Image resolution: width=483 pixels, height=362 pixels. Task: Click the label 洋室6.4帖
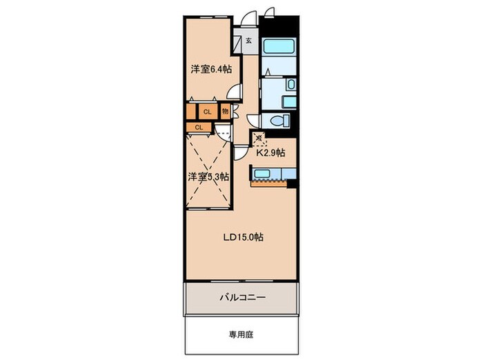tap(211, 69)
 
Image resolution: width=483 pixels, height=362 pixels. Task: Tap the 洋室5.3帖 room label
tap(209, 177)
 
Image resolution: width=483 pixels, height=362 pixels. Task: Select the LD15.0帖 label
tap(241, 237)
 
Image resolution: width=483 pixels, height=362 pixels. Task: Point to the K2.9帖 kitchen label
tap(270, 153)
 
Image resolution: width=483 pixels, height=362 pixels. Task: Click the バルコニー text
tap(243, 297)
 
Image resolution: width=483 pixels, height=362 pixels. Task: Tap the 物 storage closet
tap(226, 110)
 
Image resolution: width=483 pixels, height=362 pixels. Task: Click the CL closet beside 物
tap(207, 111)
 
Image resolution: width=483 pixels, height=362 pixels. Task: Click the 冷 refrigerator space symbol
tap(259, 138)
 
